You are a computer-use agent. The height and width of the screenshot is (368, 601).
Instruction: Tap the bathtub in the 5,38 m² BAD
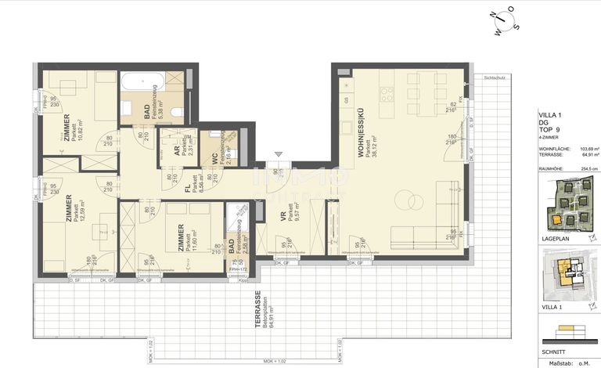tap(141, 80)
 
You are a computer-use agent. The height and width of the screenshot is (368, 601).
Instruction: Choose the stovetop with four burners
tap(390, 95)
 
